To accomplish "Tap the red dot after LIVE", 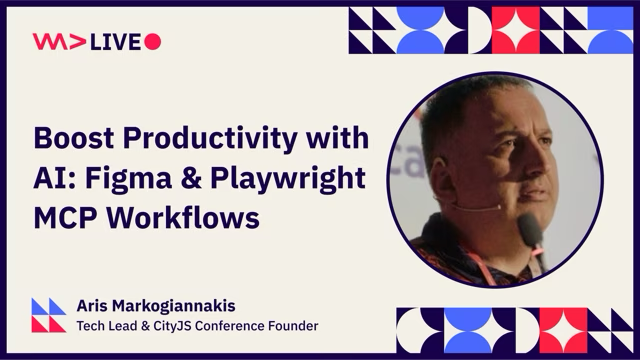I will click(x=153, y=41).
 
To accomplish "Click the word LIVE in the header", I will click(x=115, y=41).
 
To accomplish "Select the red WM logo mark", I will click(x=49, y=41).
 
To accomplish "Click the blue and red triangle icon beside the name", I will click(x=49, y=314).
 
